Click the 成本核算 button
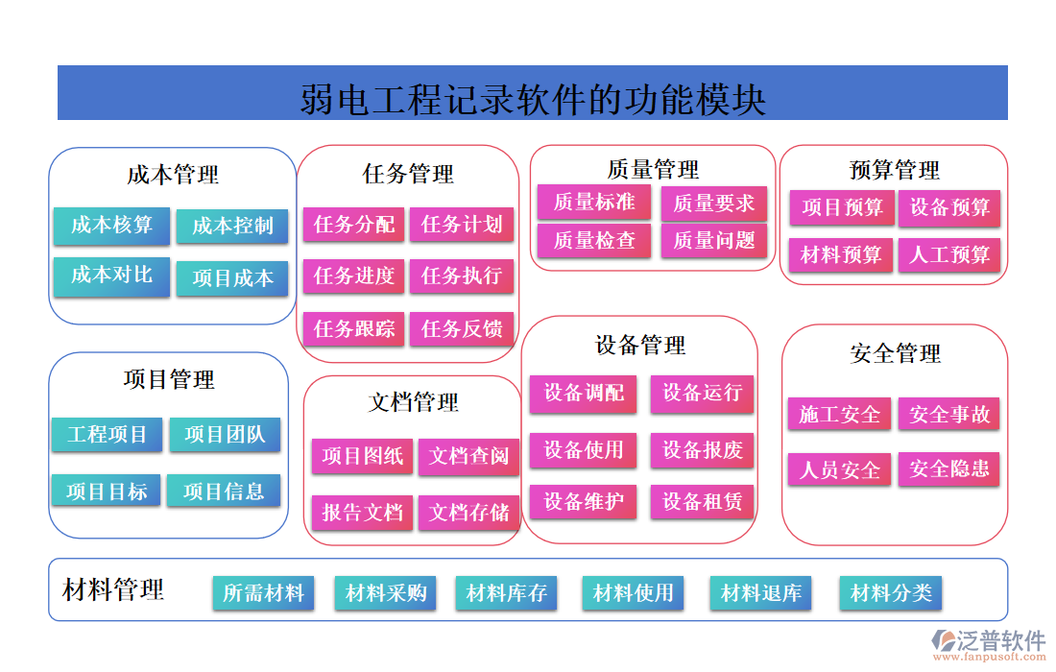[111, 226]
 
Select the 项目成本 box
[232, 278]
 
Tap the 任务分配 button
[354, 225]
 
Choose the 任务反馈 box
[462, 329]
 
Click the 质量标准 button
[594, 202]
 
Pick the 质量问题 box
[714, 240]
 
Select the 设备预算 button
[949, 207]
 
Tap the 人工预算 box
[949, 255]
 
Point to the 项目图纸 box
[362, 456]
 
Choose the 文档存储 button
[469, 513]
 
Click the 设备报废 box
[703, 450]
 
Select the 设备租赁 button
[703, 501]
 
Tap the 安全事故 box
[949, 415]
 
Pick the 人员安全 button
[840, 470]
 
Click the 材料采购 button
[386, 593]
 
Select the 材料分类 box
[891, 593]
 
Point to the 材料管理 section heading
[113, 589]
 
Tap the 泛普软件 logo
[989, 642]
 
